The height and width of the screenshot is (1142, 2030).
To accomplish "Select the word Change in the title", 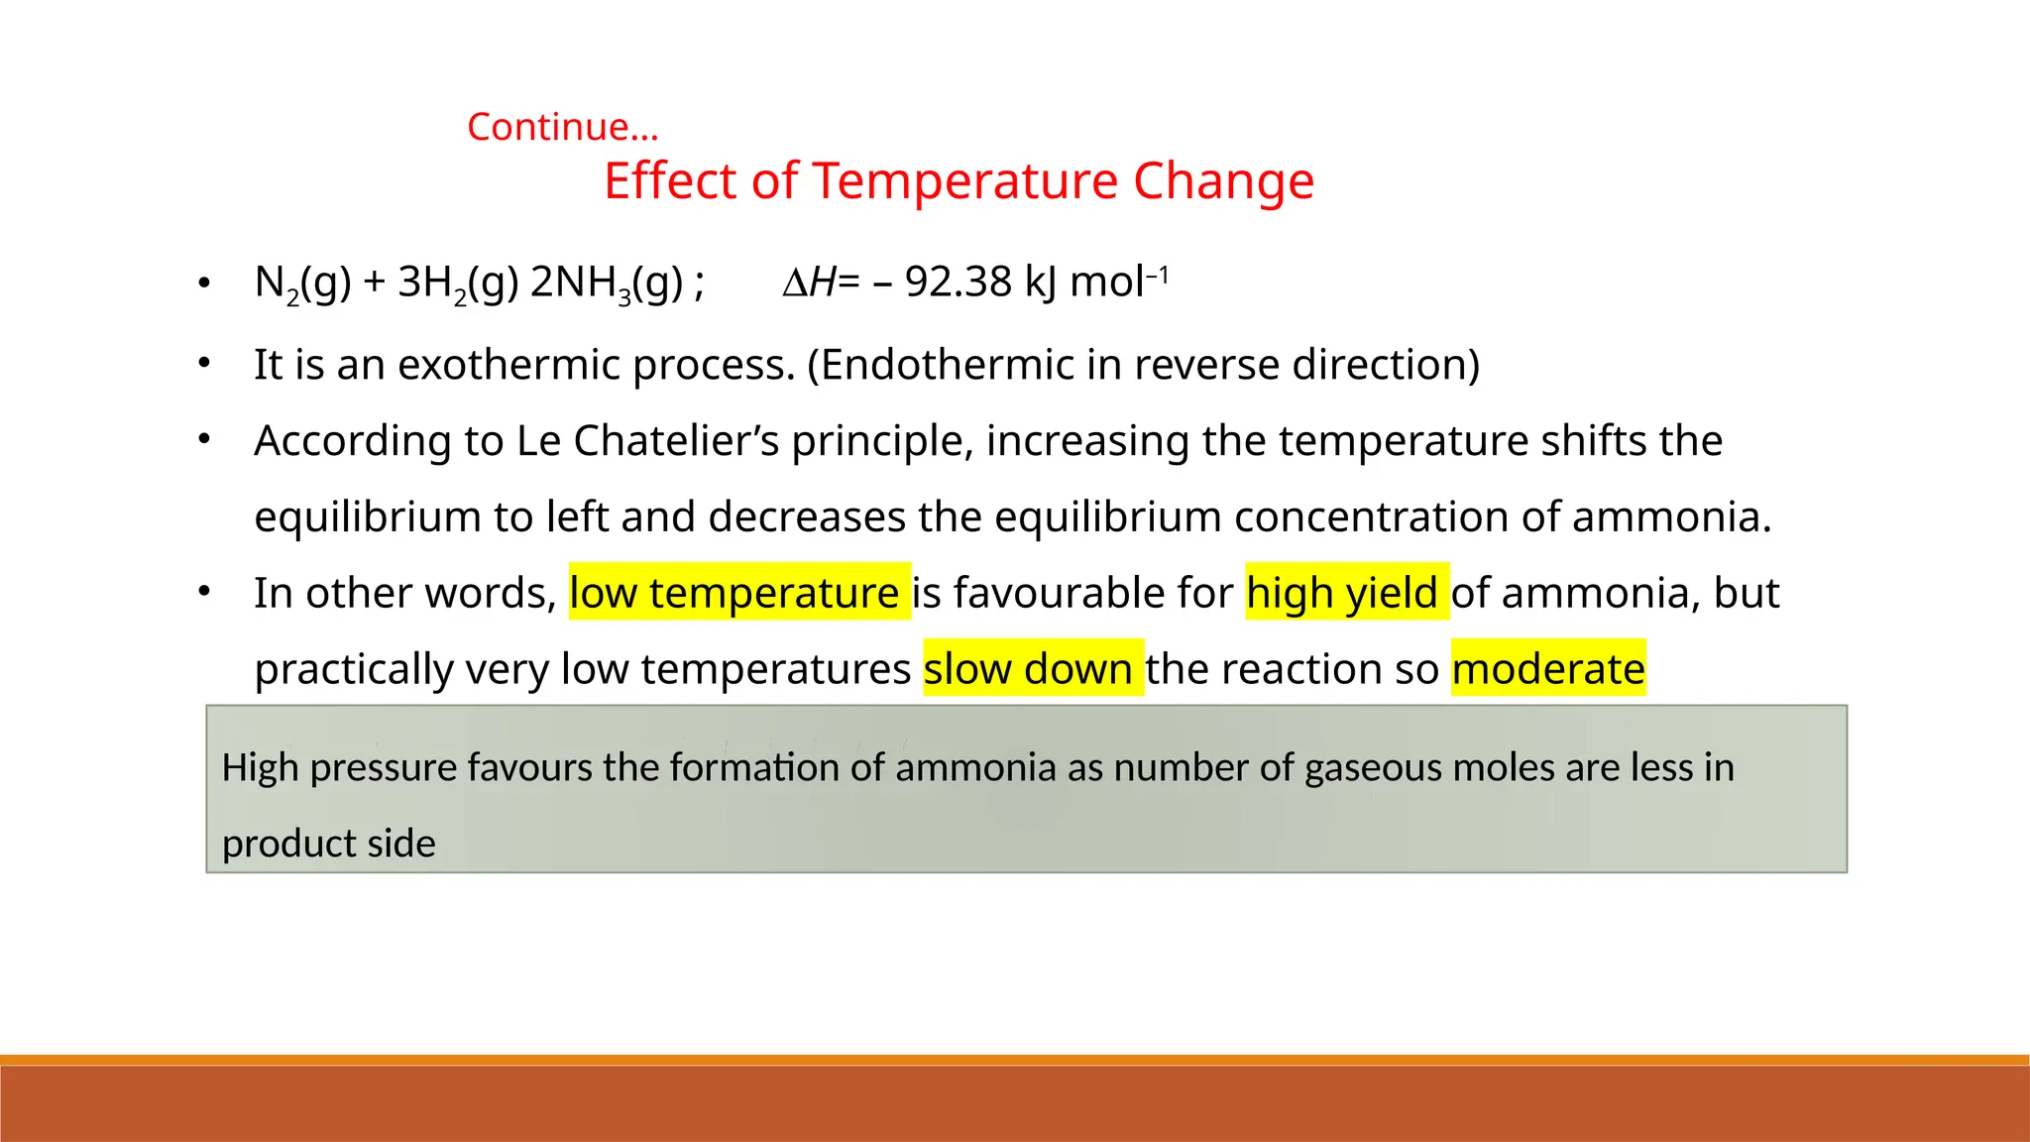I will coord(1223,181).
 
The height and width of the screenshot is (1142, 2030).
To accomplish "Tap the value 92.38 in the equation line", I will coord(958,283).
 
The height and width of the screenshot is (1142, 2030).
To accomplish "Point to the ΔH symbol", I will coord(809,283).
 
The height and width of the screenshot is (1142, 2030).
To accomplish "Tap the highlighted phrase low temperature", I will coord(738,593).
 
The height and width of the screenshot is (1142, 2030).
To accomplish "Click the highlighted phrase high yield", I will coord(1346,593).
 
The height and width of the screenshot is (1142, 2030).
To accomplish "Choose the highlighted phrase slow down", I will coord(1032,669).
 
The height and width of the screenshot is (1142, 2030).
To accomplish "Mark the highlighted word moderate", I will coord(1547,669).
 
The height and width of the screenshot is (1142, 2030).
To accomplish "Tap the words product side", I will coord(328,844).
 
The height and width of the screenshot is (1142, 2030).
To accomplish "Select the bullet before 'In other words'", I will coord(204,592).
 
